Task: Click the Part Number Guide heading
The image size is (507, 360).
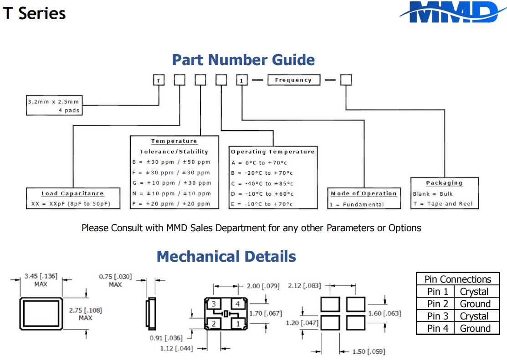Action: coord(243,60)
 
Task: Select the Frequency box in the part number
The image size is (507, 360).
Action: coord(293,80)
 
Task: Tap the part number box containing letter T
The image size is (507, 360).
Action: coord(158,81)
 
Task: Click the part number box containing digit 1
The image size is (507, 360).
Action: coord(241,81)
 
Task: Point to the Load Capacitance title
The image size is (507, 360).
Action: coord(72,193)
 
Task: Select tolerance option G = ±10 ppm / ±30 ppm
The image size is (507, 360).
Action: coord(172,183)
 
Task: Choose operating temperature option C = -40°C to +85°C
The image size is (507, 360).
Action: coord(262,183)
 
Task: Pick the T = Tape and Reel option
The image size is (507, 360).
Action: coord(443,204)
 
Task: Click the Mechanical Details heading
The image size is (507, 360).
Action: coord(226,256)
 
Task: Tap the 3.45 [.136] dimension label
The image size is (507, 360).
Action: coord(41,276)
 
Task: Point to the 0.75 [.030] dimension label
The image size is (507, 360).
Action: coord(115,276)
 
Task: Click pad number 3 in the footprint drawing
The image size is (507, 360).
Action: coord(214,304)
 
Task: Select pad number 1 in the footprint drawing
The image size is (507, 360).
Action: coord(237,323)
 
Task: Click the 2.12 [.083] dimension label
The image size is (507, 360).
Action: coord(304,286)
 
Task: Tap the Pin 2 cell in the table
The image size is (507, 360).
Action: coord(437,304)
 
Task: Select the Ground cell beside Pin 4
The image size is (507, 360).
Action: coord(475,328)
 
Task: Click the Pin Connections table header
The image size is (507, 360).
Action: coord(457,279)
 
